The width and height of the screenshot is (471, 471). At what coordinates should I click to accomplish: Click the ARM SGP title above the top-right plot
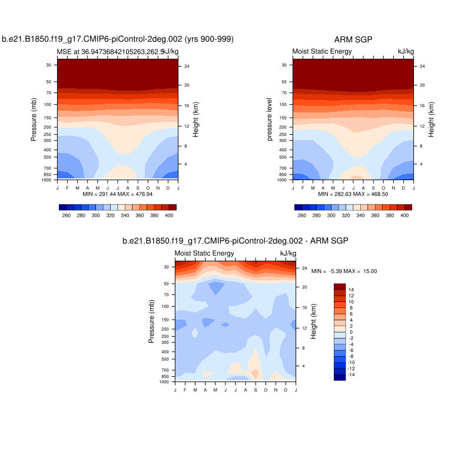coord(354,39)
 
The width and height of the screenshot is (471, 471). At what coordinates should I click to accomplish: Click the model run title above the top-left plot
coord(118,39)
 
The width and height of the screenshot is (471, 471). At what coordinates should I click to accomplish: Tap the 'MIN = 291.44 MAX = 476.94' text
coord(118,193)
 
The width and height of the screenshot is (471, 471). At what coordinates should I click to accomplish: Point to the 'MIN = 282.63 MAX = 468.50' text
coord(353,193)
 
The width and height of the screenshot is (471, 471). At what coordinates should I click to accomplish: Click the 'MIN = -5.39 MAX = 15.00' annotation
coord(344,271)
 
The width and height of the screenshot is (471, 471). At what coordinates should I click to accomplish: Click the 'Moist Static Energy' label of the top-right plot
coord(322,52)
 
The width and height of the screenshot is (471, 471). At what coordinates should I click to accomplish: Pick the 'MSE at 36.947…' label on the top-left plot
coord(106,52)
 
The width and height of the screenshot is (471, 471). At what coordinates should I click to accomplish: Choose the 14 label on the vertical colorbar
coord(351,290)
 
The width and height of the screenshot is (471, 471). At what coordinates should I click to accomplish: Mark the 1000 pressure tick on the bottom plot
coord(165,382)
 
